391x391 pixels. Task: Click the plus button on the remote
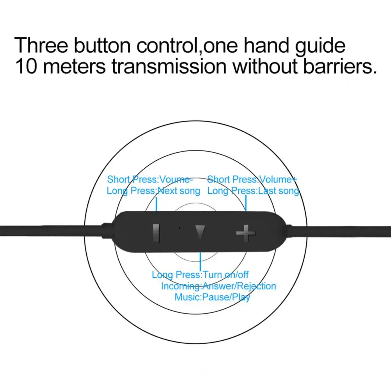(x=246, y=234)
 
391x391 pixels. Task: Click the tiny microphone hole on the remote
(x=179, y=228)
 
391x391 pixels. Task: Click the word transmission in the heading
(x=169, y=66)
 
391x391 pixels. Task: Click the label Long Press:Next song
(x=153, y=191)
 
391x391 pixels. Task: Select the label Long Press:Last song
(x=253, y=191)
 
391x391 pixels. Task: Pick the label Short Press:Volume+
(x=252, y=179)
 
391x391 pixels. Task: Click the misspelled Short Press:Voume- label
(x=150, y=179)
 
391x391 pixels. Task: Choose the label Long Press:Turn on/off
(x=200, y=275)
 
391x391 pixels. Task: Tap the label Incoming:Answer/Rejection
(x=219, y=286)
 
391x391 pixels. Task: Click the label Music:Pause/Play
(x=212, y=297)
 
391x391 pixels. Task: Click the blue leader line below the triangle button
(x=200, y=261)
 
